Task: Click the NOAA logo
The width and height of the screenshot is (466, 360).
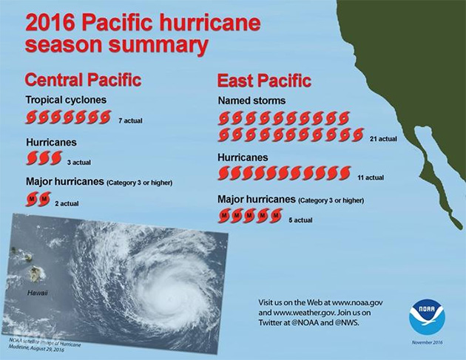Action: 427,317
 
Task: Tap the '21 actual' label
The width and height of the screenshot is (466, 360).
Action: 383,138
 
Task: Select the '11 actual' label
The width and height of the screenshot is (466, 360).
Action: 370,177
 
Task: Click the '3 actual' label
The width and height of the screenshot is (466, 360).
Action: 79,162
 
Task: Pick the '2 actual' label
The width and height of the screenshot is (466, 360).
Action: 67,203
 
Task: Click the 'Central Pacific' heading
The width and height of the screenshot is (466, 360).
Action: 83,80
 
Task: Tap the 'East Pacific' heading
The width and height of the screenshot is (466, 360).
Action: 264,81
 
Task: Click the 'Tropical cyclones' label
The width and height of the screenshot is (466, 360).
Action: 66,100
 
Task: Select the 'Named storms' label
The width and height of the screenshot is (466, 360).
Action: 251,101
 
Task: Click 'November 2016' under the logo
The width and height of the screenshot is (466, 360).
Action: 427,343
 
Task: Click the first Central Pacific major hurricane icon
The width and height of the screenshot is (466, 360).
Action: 32,199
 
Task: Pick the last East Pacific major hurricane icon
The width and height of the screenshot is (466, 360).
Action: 276,215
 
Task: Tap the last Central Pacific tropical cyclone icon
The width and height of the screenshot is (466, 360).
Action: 105,117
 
